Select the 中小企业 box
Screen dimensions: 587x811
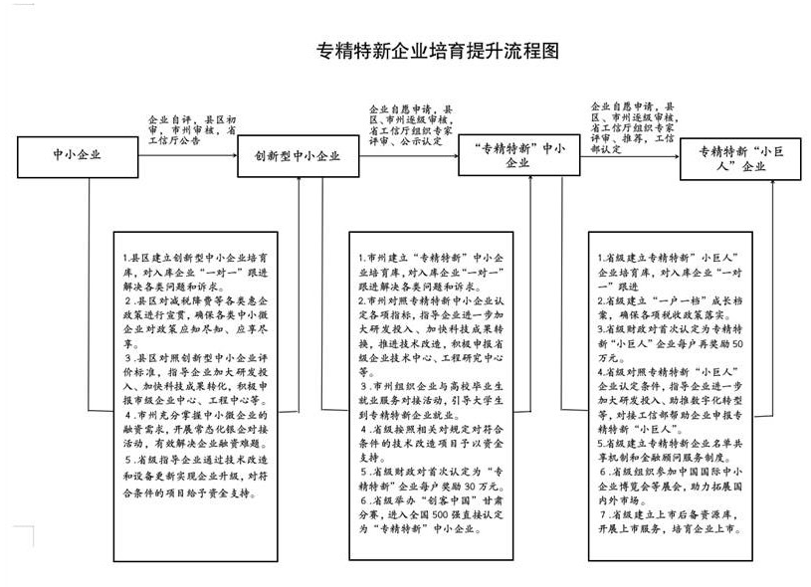coord(78,155)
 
